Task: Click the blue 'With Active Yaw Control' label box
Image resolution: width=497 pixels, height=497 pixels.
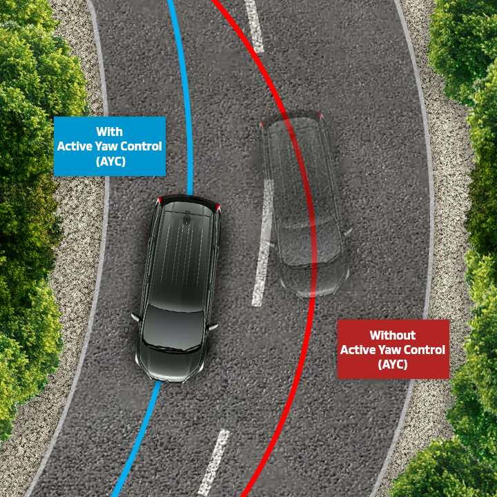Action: click(x=110, y=146)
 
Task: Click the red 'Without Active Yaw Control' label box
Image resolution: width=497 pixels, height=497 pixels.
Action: click(x=393, y=349)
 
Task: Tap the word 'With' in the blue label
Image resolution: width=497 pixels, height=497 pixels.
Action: click(x=110, y=132)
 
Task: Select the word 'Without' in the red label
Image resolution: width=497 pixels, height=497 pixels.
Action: click(x=393, y=335)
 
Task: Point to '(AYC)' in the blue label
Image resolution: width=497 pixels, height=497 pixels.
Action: click(x=110, y=160)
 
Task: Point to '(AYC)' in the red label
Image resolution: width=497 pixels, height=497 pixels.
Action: click(x=393, y=364)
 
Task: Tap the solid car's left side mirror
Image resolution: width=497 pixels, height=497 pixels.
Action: click(x=135, y=318)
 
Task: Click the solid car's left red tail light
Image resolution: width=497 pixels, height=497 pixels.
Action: click(x=161, y=200)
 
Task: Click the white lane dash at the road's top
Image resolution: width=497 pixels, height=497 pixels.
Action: click(x=253, y=28)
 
